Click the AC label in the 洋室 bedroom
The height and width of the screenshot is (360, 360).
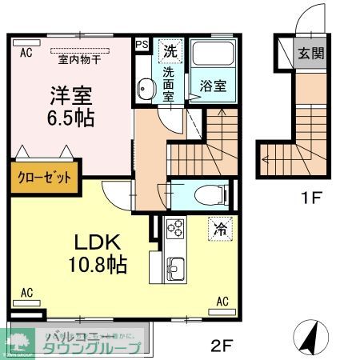point(25,53)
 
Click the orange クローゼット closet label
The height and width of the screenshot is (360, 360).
point(45,178)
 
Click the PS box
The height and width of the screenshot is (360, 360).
point(142,46)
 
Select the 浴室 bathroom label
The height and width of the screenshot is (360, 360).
point(212,83)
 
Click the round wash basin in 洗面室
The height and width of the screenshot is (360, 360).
point(145,88)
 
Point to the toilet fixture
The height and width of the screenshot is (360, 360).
point(205,193)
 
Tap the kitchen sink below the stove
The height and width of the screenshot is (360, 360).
point(174,264)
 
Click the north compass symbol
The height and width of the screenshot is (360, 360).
point(309,334)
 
